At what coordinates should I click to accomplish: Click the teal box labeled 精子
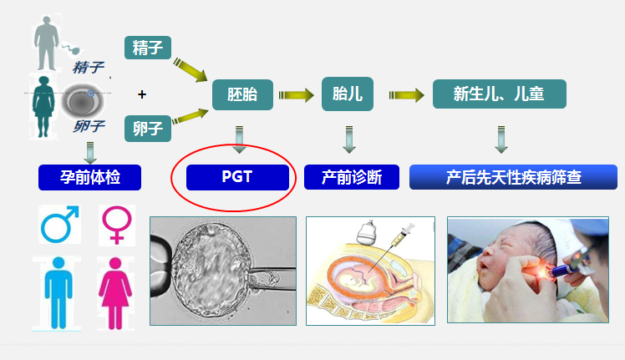pos(148,48)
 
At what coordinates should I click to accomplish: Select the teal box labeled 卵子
pos(148,129)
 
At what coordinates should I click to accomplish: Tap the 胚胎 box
pos(242,94)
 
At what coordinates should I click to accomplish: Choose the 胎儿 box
pos(348,94)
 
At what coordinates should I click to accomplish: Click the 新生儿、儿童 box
pos(500,94)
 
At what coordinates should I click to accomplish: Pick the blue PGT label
pos(237,177)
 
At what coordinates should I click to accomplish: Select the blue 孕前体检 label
pos(89,177)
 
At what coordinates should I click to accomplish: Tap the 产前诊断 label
pos(352,177)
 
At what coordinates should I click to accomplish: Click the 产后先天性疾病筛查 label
pos(513,177)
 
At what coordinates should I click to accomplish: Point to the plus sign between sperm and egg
pos(142,94)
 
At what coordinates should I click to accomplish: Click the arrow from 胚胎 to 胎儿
pos(296,95)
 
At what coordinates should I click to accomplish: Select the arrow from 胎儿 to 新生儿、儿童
pos(407,95)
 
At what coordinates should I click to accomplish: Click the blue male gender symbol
pos(60,224)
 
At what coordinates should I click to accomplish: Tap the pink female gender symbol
pos(117,226)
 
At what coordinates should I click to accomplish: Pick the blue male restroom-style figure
pos(58,293)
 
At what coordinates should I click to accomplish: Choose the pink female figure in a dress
pos(115,294)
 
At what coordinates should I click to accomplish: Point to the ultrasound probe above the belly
pos(367,233)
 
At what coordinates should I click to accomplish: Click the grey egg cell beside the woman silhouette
pos(82,102)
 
